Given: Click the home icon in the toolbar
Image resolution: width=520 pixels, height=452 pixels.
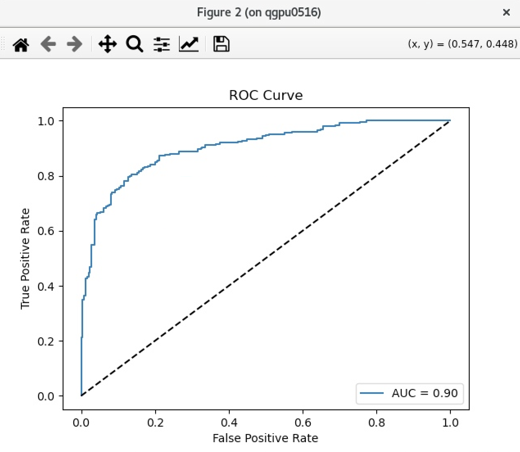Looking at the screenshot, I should click(21, 44).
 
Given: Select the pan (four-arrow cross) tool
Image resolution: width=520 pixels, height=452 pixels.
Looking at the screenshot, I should click(107, 44).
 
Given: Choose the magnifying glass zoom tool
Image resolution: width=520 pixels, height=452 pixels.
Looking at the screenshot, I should click(134, 44).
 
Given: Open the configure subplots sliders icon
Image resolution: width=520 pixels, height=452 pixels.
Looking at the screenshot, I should click(162, 44).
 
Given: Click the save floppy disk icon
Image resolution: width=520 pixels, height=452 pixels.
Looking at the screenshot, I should click(221, 44).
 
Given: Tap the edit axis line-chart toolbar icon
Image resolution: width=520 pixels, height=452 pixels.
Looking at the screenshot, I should click(189, 44).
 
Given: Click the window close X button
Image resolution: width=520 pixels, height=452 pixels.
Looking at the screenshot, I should click(506, 12).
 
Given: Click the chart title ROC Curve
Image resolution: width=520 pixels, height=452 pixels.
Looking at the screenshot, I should click(266, 95).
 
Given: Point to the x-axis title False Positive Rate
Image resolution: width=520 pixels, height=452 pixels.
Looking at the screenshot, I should click(265, 438).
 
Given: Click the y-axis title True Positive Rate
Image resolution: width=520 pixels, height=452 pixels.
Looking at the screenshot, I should click(25, 258).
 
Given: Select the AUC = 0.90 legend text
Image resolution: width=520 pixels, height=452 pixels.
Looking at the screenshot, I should click(425, 393).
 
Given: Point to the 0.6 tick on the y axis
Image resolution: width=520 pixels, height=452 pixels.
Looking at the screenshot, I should click(46, 231).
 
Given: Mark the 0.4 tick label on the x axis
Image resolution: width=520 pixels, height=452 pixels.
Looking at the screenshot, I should click(229, 423).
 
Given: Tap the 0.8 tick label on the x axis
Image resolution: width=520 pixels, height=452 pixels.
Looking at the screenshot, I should click(377, 423).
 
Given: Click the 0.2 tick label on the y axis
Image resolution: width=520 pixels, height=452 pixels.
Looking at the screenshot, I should click(46, 341).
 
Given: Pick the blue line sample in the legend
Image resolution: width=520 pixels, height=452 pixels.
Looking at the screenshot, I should click(372, 393).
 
